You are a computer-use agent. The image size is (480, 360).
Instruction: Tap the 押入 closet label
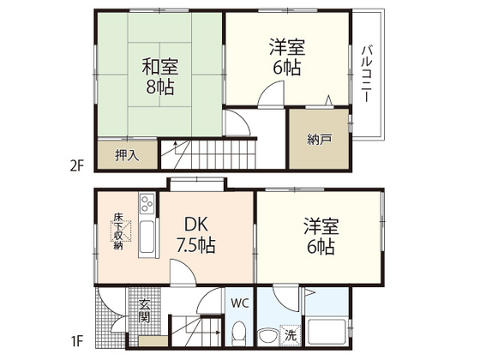127,155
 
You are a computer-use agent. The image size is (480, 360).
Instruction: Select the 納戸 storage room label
319,140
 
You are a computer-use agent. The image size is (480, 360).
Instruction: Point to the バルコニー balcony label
367,74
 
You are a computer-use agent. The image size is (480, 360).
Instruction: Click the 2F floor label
76,166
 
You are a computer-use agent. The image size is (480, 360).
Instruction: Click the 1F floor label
77,341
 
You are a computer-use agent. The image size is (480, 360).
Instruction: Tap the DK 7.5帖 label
196,235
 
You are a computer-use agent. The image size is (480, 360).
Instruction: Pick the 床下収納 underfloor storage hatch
121,231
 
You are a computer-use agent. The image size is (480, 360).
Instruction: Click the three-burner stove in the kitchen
147,203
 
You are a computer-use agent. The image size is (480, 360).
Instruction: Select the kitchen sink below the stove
147,237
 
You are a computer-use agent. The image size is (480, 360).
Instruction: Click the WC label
240,303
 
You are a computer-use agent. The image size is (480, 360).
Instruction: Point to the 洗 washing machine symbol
291,335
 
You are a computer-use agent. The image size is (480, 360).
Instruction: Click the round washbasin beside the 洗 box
267,336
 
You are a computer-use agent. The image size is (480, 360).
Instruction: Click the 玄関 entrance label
144,311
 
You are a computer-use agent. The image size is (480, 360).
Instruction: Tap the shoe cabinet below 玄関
153,341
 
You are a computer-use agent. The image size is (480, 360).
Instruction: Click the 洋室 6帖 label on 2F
287,57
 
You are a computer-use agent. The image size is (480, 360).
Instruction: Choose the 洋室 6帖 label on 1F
321,236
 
